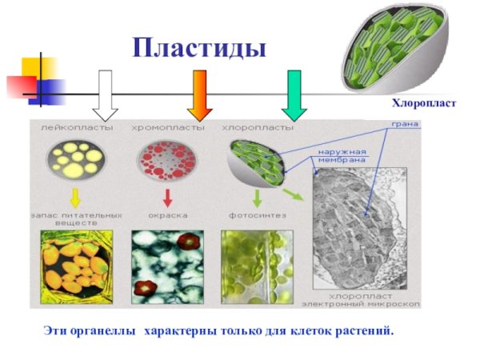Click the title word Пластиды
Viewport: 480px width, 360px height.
coord(199,47)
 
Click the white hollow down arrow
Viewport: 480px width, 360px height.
coord(104,93)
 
